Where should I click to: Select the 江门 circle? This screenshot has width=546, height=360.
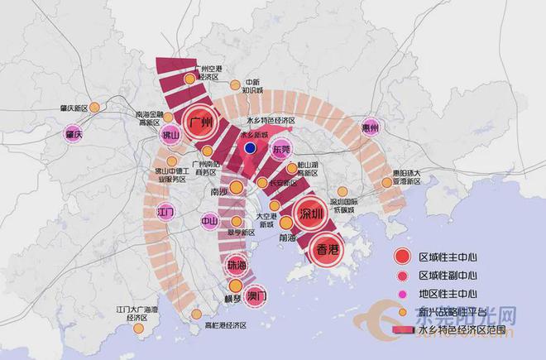[168, 212]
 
